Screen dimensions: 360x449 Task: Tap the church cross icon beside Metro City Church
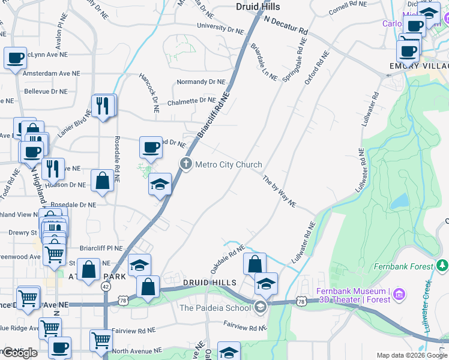point(186,164)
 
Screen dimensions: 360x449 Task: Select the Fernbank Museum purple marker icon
point(400,294)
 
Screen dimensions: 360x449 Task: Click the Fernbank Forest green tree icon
point(442,265)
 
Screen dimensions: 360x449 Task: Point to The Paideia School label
point(215,308)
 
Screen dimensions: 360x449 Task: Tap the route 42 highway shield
point(106,286)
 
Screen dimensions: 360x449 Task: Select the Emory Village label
point(418,65)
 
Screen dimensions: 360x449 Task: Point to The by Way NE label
point(279,191)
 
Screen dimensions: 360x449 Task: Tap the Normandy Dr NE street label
point(200,82)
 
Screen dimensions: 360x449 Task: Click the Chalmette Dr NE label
point(191,101)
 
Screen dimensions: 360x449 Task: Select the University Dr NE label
point(217,28)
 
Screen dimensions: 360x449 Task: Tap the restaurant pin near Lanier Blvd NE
point(103,106)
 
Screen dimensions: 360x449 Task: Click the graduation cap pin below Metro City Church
point(160,184)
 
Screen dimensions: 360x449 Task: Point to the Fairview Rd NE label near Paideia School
point(244,328)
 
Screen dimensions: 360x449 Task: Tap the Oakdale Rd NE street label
point(228,256)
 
